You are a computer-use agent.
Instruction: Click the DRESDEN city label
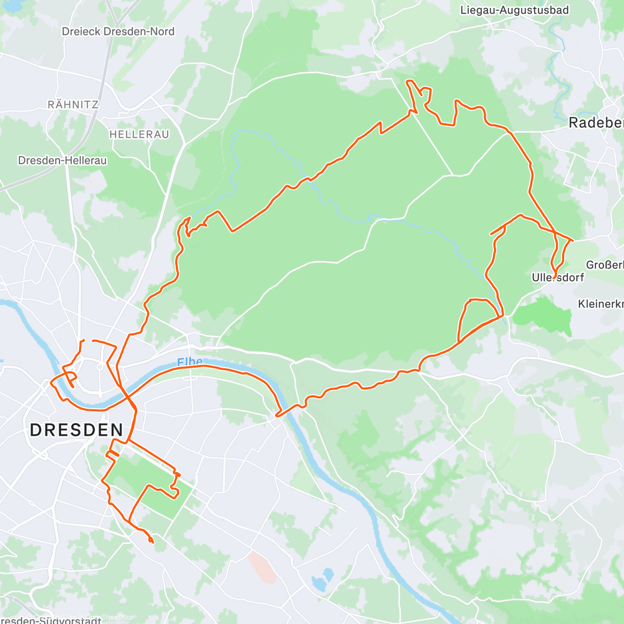76,430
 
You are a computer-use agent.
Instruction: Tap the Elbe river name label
189,362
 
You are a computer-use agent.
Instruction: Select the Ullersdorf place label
557,278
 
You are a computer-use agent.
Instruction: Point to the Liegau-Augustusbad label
514,10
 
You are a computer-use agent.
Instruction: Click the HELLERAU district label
139,134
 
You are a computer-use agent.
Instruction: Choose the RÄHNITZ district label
73,105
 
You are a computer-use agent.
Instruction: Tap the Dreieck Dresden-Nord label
118,31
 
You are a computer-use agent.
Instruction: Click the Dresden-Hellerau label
62,161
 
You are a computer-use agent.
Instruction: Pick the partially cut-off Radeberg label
596,123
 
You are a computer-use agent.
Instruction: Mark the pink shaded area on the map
262,567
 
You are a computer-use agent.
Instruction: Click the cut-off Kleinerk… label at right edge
601,304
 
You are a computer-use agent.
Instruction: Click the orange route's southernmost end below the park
152,542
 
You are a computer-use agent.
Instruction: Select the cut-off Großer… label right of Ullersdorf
605,265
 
